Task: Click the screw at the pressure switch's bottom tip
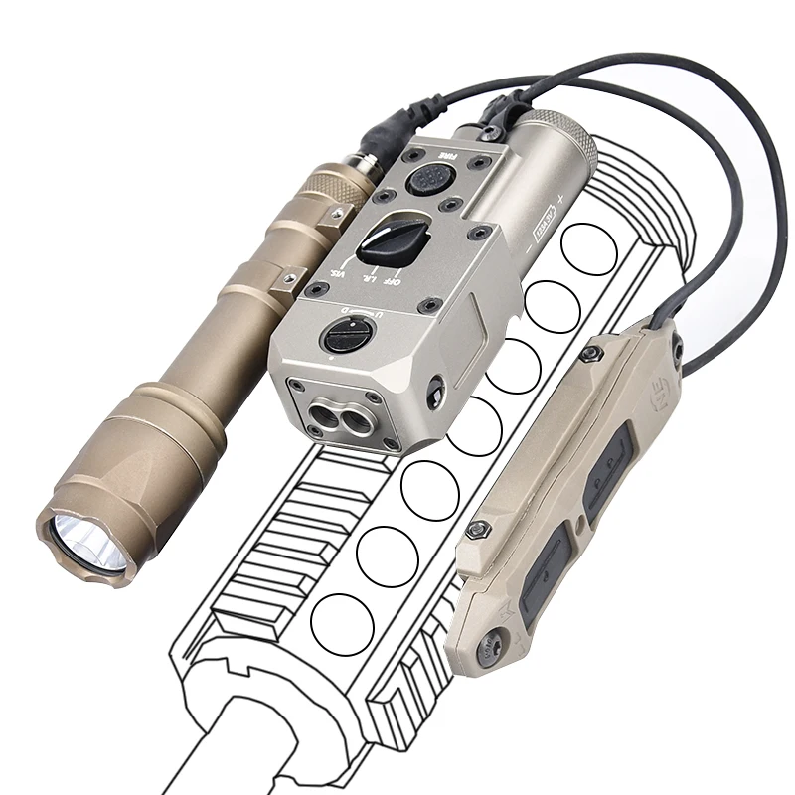tap(489, 652)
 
